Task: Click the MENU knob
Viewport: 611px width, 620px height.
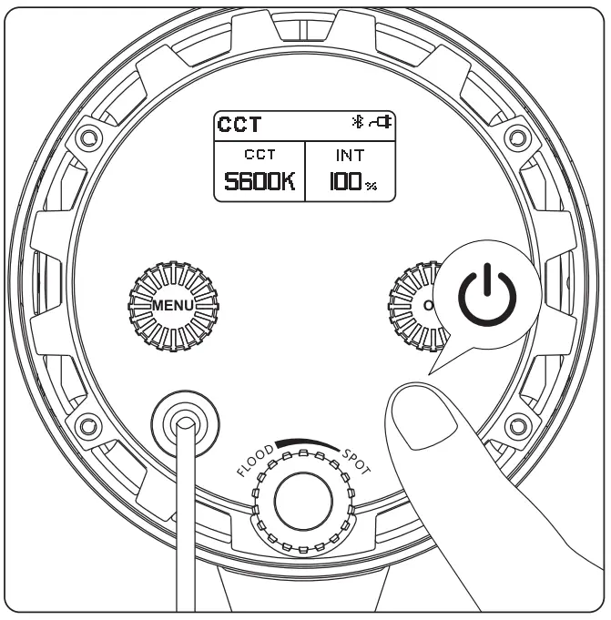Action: click(x=173, y=306)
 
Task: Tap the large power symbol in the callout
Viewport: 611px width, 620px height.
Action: click(x=487, y=295)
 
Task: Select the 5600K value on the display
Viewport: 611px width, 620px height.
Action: click(x=260, y=181)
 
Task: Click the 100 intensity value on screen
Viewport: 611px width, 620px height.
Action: click(x=345, y=181)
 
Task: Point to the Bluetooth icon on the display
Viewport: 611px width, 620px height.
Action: click(x=358, y=121)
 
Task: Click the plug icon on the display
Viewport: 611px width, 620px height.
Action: click(x=381, y=121)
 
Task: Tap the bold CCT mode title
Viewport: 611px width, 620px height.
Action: click(x=239, y=124)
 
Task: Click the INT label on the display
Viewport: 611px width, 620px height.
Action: click(x=350, y=156)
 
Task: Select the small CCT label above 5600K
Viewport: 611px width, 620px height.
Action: click(x=260, y=154)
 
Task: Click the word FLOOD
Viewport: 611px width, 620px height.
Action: click(x=256, y=460)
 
